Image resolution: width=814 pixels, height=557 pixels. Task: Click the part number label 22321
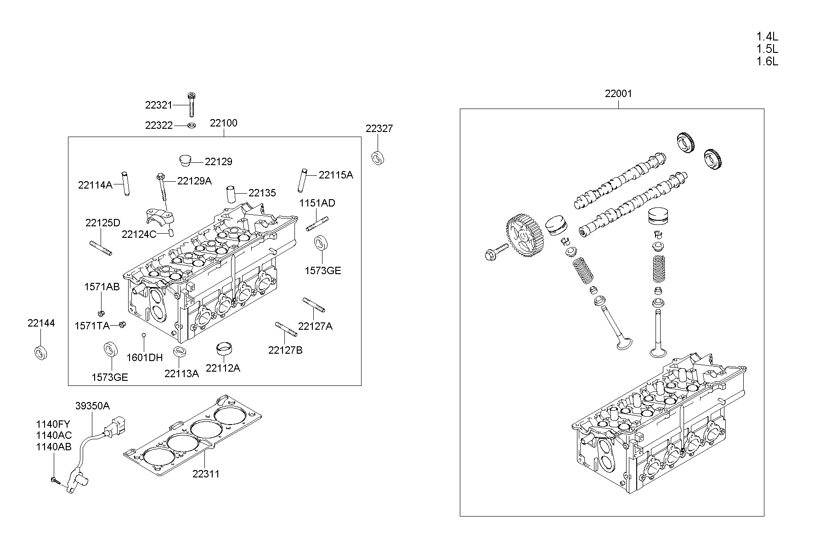click(x=158, y=105)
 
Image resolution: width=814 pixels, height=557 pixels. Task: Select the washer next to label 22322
click(x=192, y=125)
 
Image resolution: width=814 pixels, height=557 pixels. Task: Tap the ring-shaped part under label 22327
click(x=378, y=157)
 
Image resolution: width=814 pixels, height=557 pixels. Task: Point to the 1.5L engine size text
click(x=767, y=49)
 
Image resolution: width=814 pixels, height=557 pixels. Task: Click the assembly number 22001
click(x=618, y=94)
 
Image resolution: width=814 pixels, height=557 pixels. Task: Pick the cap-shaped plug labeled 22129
click(x=185, y=161)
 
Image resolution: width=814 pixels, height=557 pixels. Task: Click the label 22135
click(x=262, y=193)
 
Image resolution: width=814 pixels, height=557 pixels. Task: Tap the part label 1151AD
click(x=317, y=203)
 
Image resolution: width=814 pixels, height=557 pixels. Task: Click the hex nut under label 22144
click(x=42, y=352)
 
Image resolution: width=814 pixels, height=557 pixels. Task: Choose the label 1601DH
click(x=145, y=357)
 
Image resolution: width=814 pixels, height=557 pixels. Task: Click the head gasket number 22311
click(x=206, y=474)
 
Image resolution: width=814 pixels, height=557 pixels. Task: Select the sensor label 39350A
click(x=92, y=406)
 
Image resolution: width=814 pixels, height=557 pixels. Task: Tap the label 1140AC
click(x=54, y=435)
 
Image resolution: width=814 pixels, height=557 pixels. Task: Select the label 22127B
click(x=285, y=350)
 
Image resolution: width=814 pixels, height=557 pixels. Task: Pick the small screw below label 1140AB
click(x=55, y=480)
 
